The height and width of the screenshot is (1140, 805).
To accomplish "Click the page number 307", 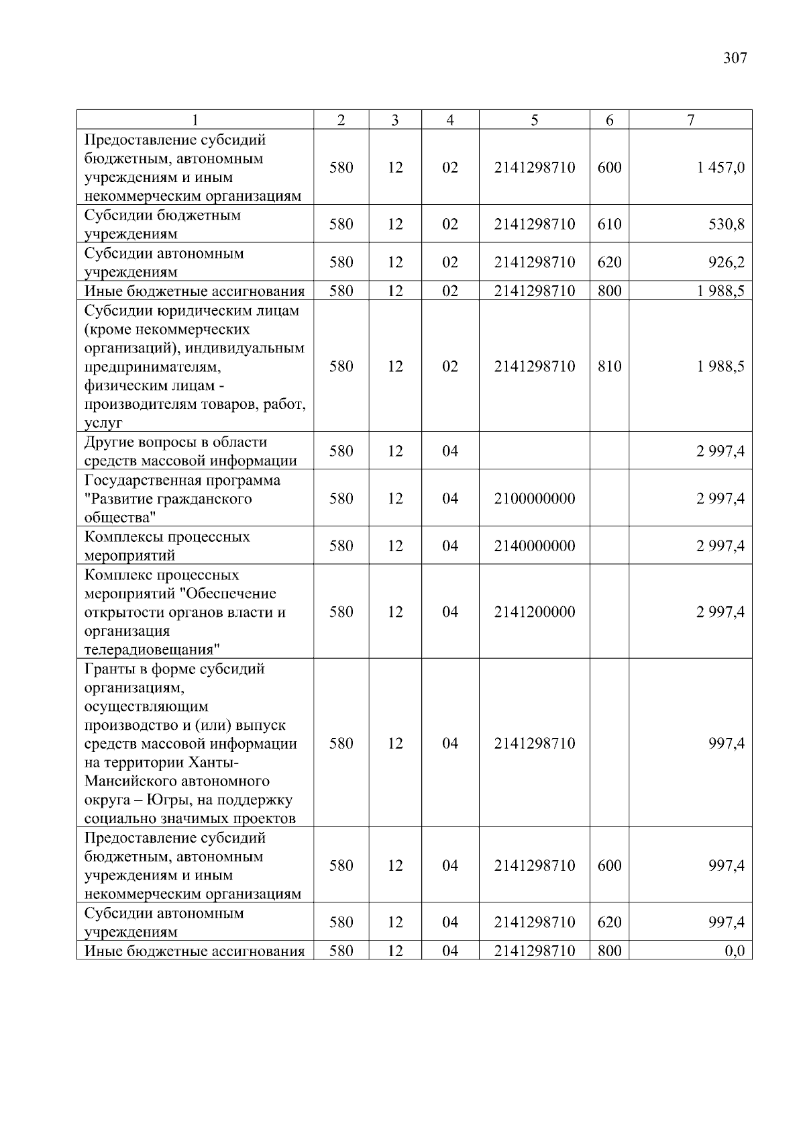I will (x=735, y=58).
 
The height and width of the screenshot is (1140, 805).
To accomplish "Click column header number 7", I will (x=690, y=120).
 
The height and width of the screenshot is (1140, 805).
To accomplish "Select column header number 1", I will (x=195, y=120).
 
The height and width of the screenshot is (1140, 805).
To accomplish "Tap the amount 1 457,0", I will (x=720, y=167).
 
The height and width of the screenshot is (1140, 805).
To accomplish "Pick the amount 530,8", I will (x=727, y=224).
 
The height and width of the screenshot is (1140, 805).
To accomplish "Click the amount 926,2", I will (x=727, y=262).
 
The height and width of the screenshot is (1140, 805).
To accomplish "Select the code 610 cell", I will (x=609, y=224).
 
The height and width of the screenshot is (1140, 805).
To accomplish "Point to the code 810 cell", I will (x=609, y=367).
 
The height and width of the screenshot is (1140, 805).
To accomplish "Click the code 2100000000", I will (x=535, y=498).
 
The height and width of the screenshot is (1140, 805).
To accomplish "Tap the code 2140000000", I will (x=535, y=546).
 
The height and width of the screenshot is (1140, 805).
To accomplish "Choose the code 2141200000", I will (x=535, y=612).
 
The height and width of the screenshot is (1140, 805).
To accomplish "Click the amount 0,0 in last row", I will (x=735, y=951).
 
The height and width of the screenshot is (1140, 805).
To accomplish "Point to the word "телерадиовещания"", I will (x=152, y=650).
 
